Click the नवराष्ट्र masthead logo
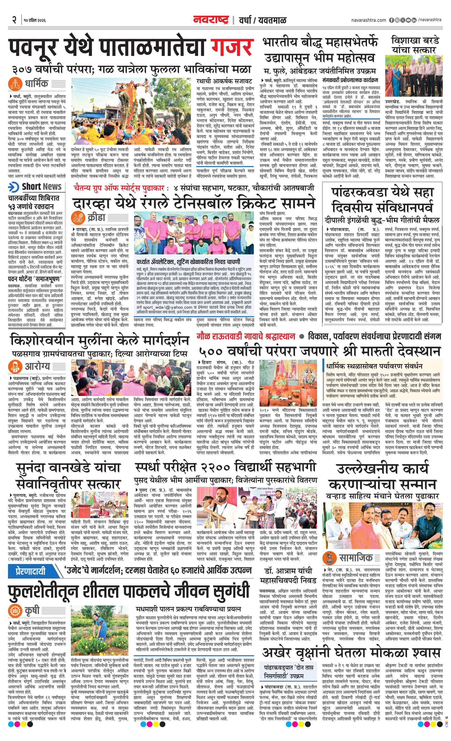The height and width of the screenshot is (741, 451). tap(211, 20)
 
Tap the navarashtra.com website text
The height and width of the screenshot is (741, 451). tap(369, 20)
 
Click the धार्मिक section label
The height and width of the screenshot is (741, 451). tap(36, 83)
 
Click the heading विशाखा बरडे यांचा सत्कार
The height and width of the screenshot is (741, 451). tap(415, 45)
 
